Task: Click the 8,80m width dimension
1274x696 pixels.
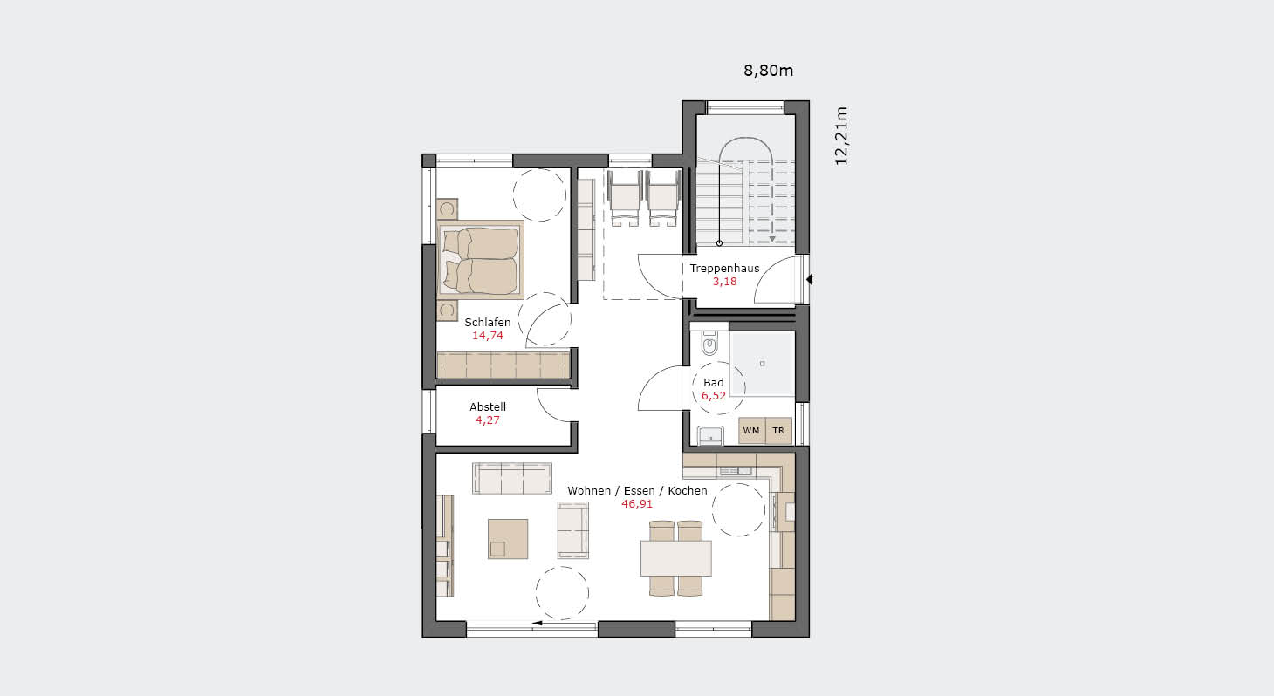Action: click(x=768, y=71)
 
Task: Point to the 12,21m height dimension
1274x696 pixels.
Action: click(x=841, y=136)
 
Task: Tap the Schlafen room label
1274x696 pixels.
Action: click(x=488, y=323)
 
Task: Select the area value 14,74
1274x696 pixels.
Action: click(x=488, y=336)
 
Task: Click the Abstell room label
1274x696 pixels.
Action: click(x=488, y=407)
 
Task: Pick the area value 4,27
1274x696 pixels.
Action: click(x=488, y=420)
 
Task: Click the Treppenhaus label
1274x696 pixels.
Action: click(x=724, y=269)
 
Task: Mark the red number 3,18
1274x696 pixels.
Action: click(x=724, y=282)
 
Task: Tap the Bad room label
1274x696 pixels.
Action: click(x=713, y=383)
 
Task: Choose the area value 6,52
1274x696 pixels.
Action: click(x=713, y=396)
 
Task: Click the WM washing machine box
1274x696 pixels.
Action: click(x=751, y=431)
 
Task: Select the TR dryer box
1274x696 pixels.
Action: click(x=778, y=431)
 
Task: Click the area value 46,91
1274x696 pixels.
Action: click(x=637, y=504)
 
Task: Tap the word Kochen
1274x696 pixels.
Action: click(x=688, y=491)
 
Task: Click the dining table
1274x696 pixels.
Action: click(x=675, y=558)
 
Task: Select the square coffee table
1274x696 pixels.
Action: click(x=507, y=538)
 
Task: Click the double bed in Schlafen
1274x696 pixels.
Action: click(x=481, y=260)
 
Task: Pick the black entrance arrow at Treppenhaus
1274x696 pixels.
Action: click(x=810, y=280)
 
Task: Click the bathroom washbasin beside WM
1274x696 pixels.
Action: click(x=710, y=435)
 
